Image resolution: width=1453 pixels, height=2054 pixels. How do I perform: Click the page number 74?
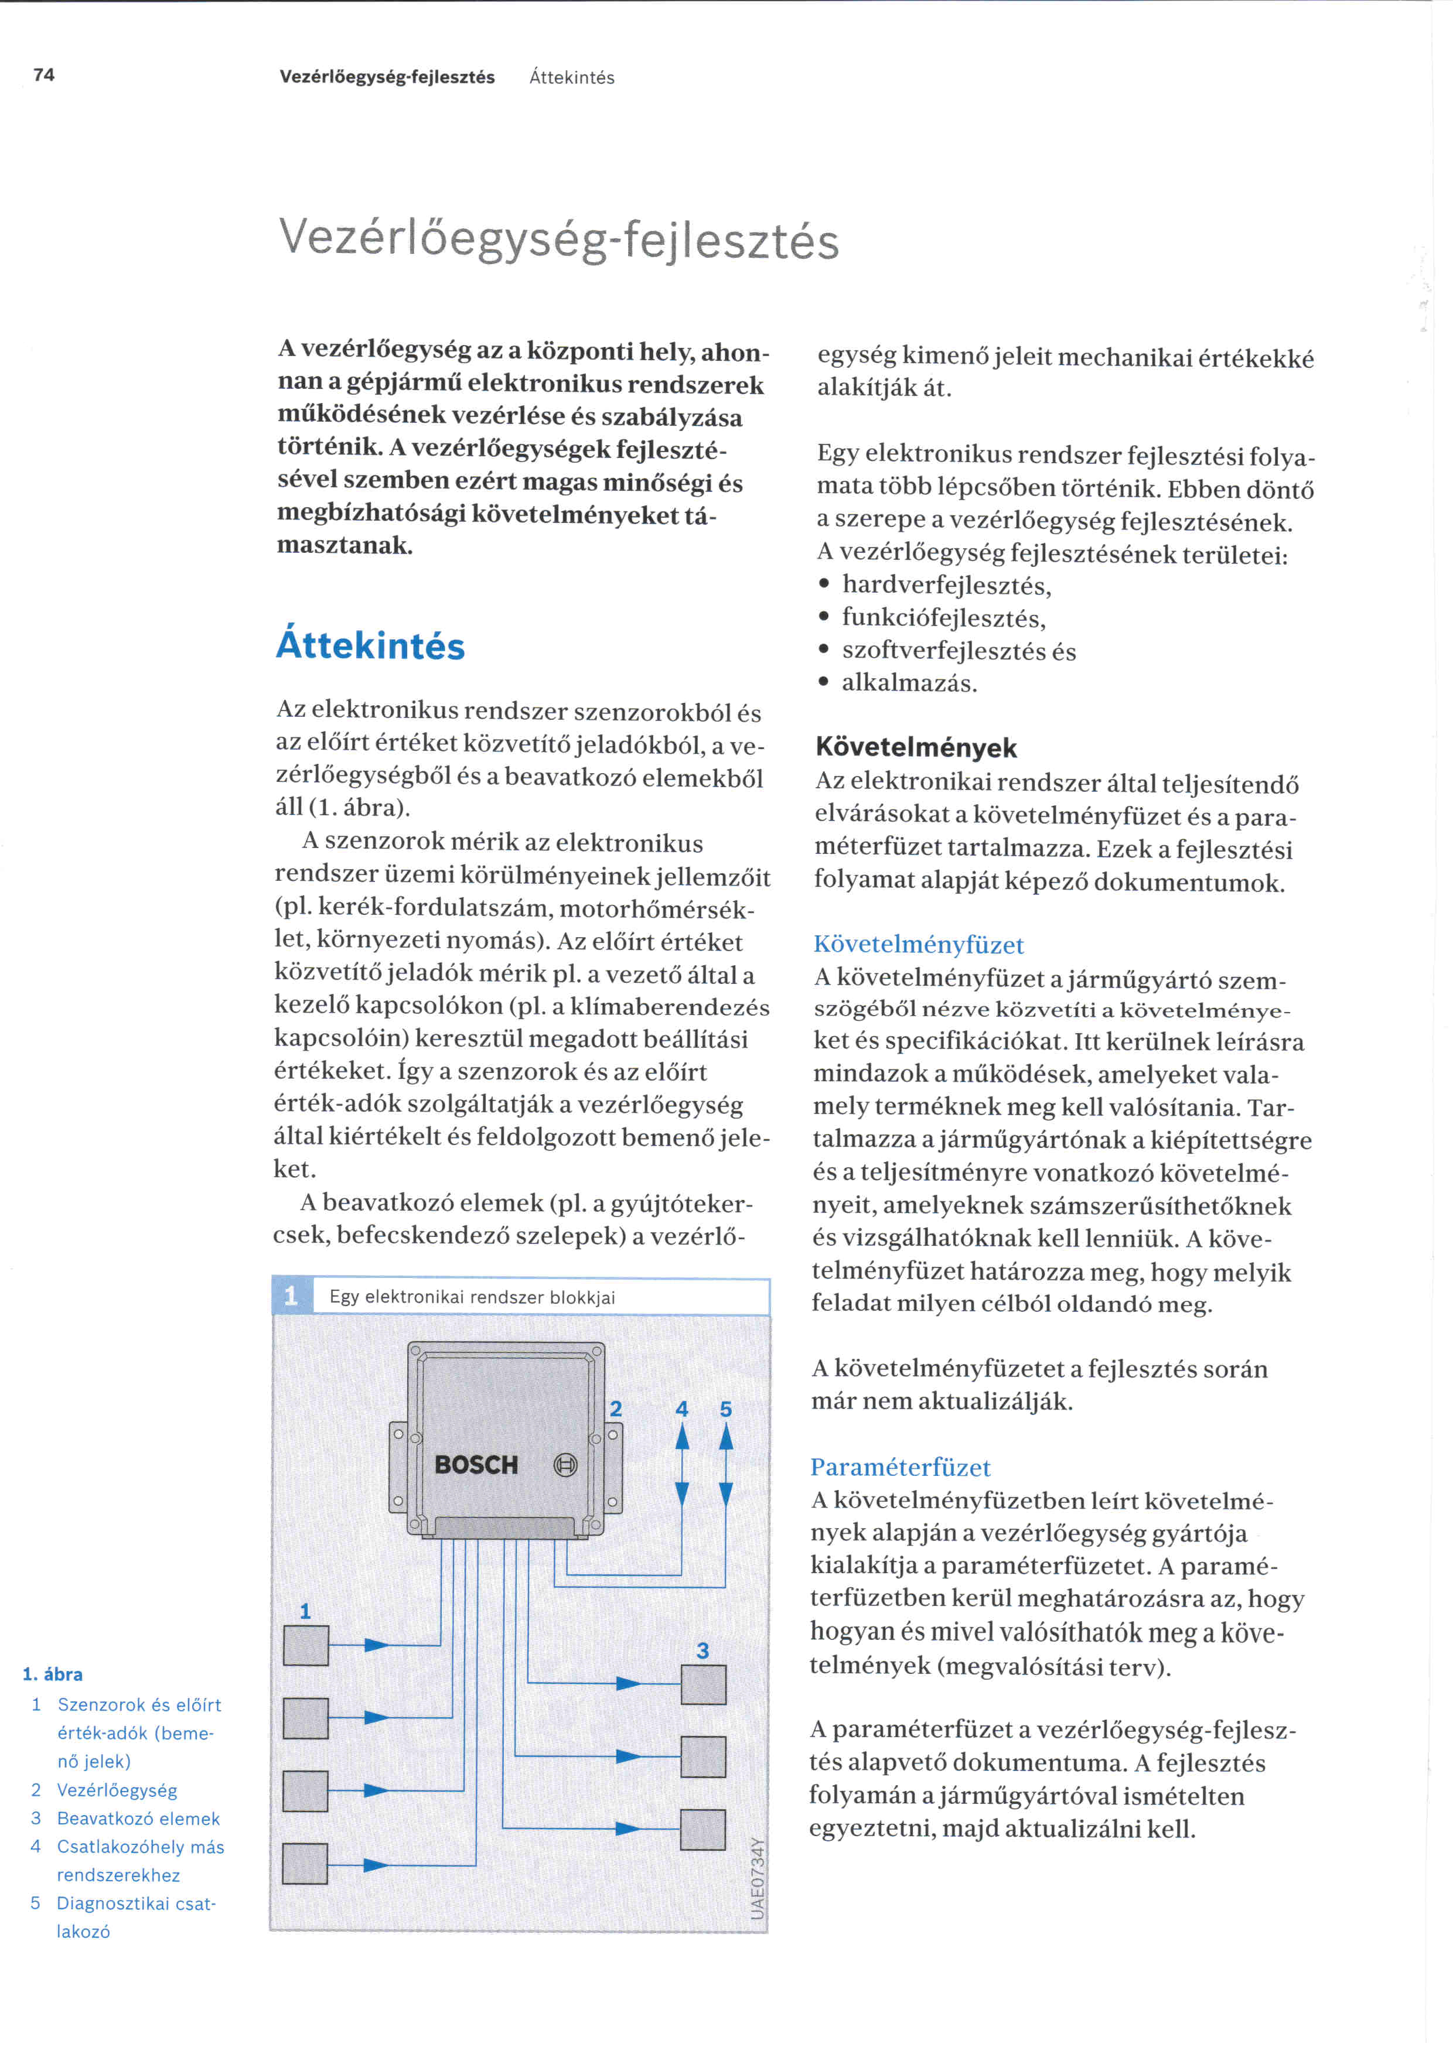click(x=44, y=75)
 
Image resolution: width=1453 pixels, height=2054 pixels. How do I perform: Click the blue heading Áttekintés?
click(x=370, y=646)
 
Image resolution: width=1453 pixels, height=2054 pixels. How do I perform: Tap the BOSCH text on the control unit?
click(x=476, y=1464)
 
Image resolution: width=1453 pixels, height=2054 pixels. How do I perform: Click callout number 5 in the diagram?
click(x=725, y=1409)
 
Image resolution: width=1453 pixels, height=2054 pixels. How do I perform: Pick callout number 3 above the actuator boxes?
click(x=702, y=1650)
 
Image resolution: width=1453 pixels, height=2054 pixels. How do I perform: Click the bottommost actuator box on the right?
click(x=702, y=1829)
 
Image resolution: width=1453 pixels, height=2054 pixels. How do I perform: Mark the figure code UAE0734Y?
click(x=757, y=1879)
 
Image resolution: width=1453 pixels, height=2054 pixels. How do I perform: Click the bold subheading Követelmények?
click(x=916, y=747)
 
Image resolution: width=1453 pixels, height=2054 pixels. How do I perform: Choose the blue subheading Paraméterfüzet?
click(x=900, y=1467)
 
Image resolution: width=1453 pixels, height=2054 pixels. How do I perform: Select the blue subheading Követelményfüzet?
click(x=919, y=945)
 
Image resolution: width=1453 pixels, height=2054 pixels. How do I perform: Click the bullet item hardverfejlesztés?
click(x=947, y=585)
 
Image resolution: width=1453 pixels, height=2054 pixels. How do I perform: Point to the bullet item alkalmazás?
click(x=909, y=683)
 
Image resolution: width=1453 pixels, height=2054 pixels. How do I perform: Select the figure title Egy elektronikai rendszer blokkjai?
click(x=472, y=1297)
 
